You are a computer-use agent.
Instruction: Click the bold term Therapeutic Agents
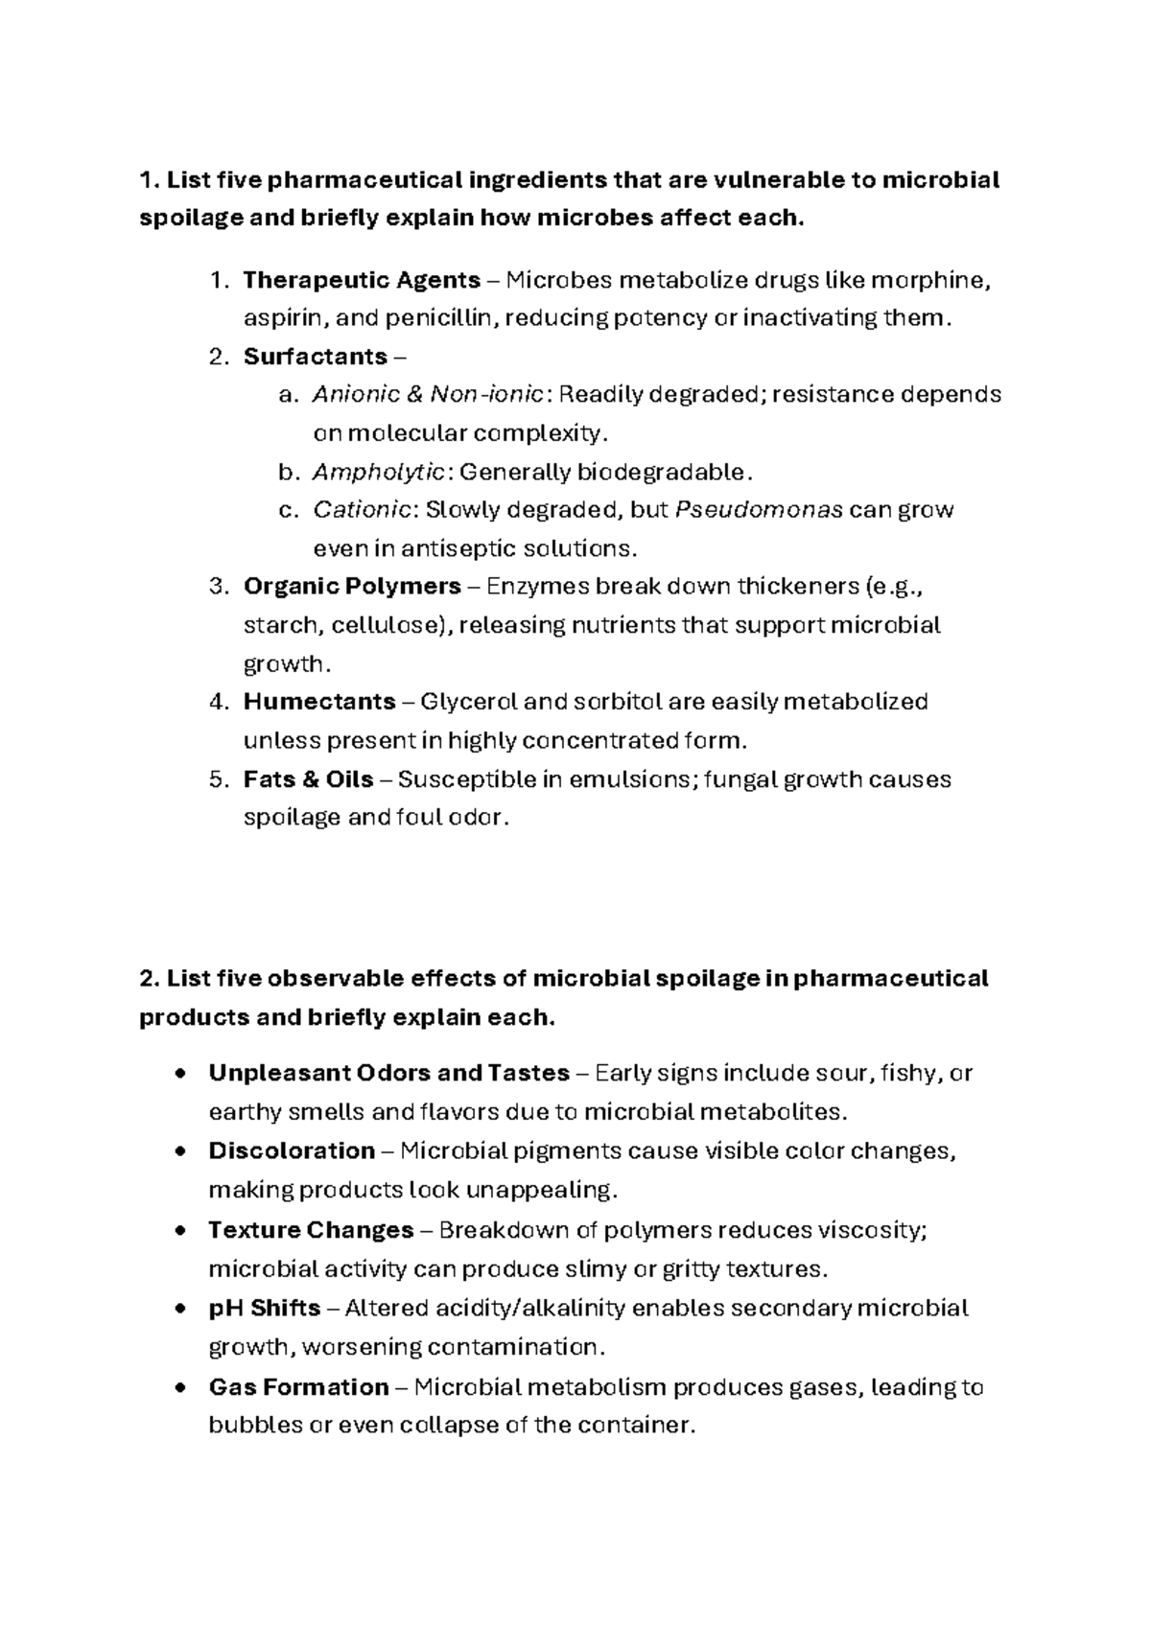pyautogui.click(x=362, y=280)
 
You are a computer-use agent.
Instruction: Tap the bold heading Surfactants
pyautogui.click(x=315, y=357)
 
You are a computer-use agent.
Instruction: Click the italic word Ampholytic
pyautogui.click(x=378, y=472)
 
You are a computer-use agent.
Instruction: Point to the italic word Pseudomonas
pyautogui.click(x=759, y=509)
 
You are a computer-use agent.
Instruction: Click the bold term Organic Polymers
pyautogui.click(x=352, y=586)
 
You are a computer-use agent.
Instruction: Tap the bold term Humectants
pyautogui.click(x=319, y=702)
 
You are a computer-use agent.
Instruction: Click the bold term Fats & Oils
pyautogui.click(x=308, y=779)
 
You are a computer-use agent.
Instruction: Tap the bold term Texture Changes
pyautogui.click(x=311, y=1230)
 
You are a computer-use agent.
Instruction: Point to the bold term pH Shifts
pyautogui.click(x=265, y=1308)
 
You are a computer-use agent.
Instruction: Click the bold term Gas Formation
pyautogui.click(x=298, y=1387)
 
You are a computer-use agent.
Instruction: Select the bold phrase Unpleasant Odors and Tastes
pyautogui.click(x=388, y=1073)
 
